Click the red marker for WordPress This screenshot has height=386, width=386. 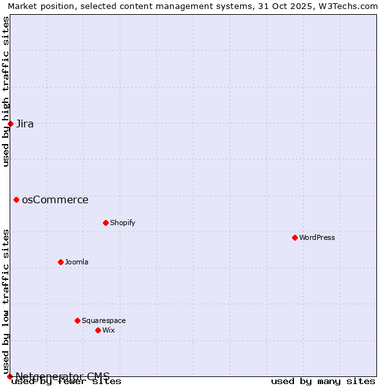click(295, 237)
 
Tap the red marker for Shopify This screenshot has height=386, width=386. click(106, 223)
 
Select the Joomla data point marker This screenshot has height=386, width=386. click(60, 262)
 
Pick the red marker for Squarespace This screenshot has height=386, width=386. click(77, 320)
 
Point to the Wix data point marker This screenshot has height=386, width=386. click(98, 330)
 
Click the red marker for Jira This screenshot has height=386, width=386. click(10, 124)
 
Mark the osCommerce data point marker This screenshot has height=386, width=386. click(16, 199)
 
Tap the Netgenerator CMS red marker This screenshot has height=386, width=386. click(10, 376)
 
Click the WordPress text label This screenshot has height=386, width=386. click(317, 237)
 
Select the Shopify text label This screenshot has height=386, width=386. click(122, 223)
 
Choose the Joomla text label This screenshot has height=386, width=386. click(77, 262)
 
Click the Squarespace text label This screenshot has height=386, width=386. click(104, 320)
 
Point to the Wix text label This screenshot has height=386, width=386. click(108, 330)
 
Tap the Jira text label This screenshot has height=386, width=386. click(25, 124)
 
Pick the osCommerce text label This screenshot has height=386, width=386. click(55, 199)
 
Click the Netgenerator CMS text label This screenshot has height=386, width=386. click(63, 376)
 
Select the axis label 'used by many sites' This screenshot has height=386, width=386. click(323, 381)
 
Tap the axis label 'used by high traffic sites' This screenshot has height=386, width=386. click(6, 91)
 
